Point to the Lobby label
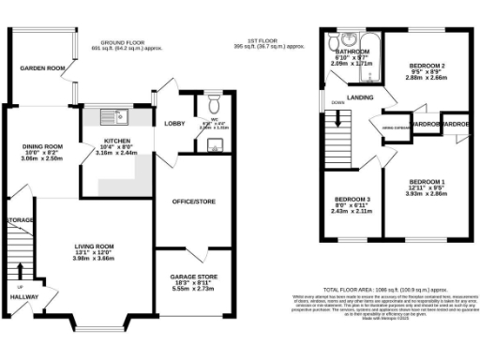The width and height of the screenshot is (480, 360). (x=174, y=124)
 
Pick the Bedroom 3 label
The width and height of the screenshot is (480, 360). (x=352, y=199)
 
